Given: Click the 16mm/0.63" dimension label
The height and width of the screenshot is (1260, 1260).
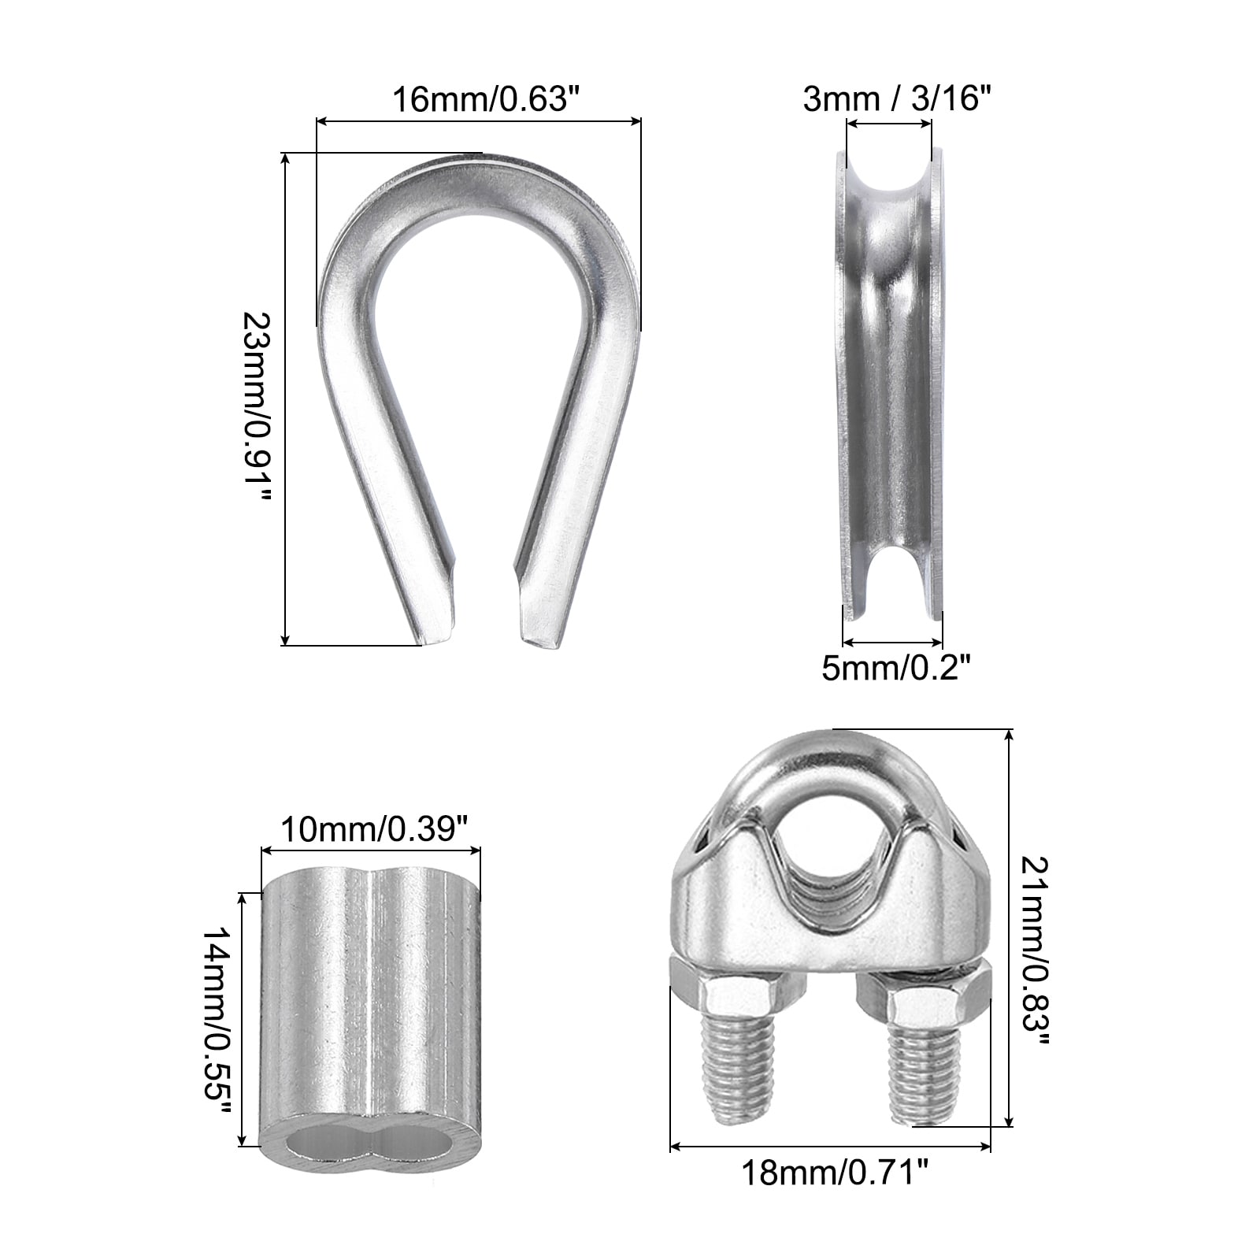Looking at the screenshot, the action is click(480, 99).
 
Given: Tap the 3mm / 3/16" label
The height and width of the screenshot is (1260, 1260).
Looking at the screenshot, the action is click(896, 99).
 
